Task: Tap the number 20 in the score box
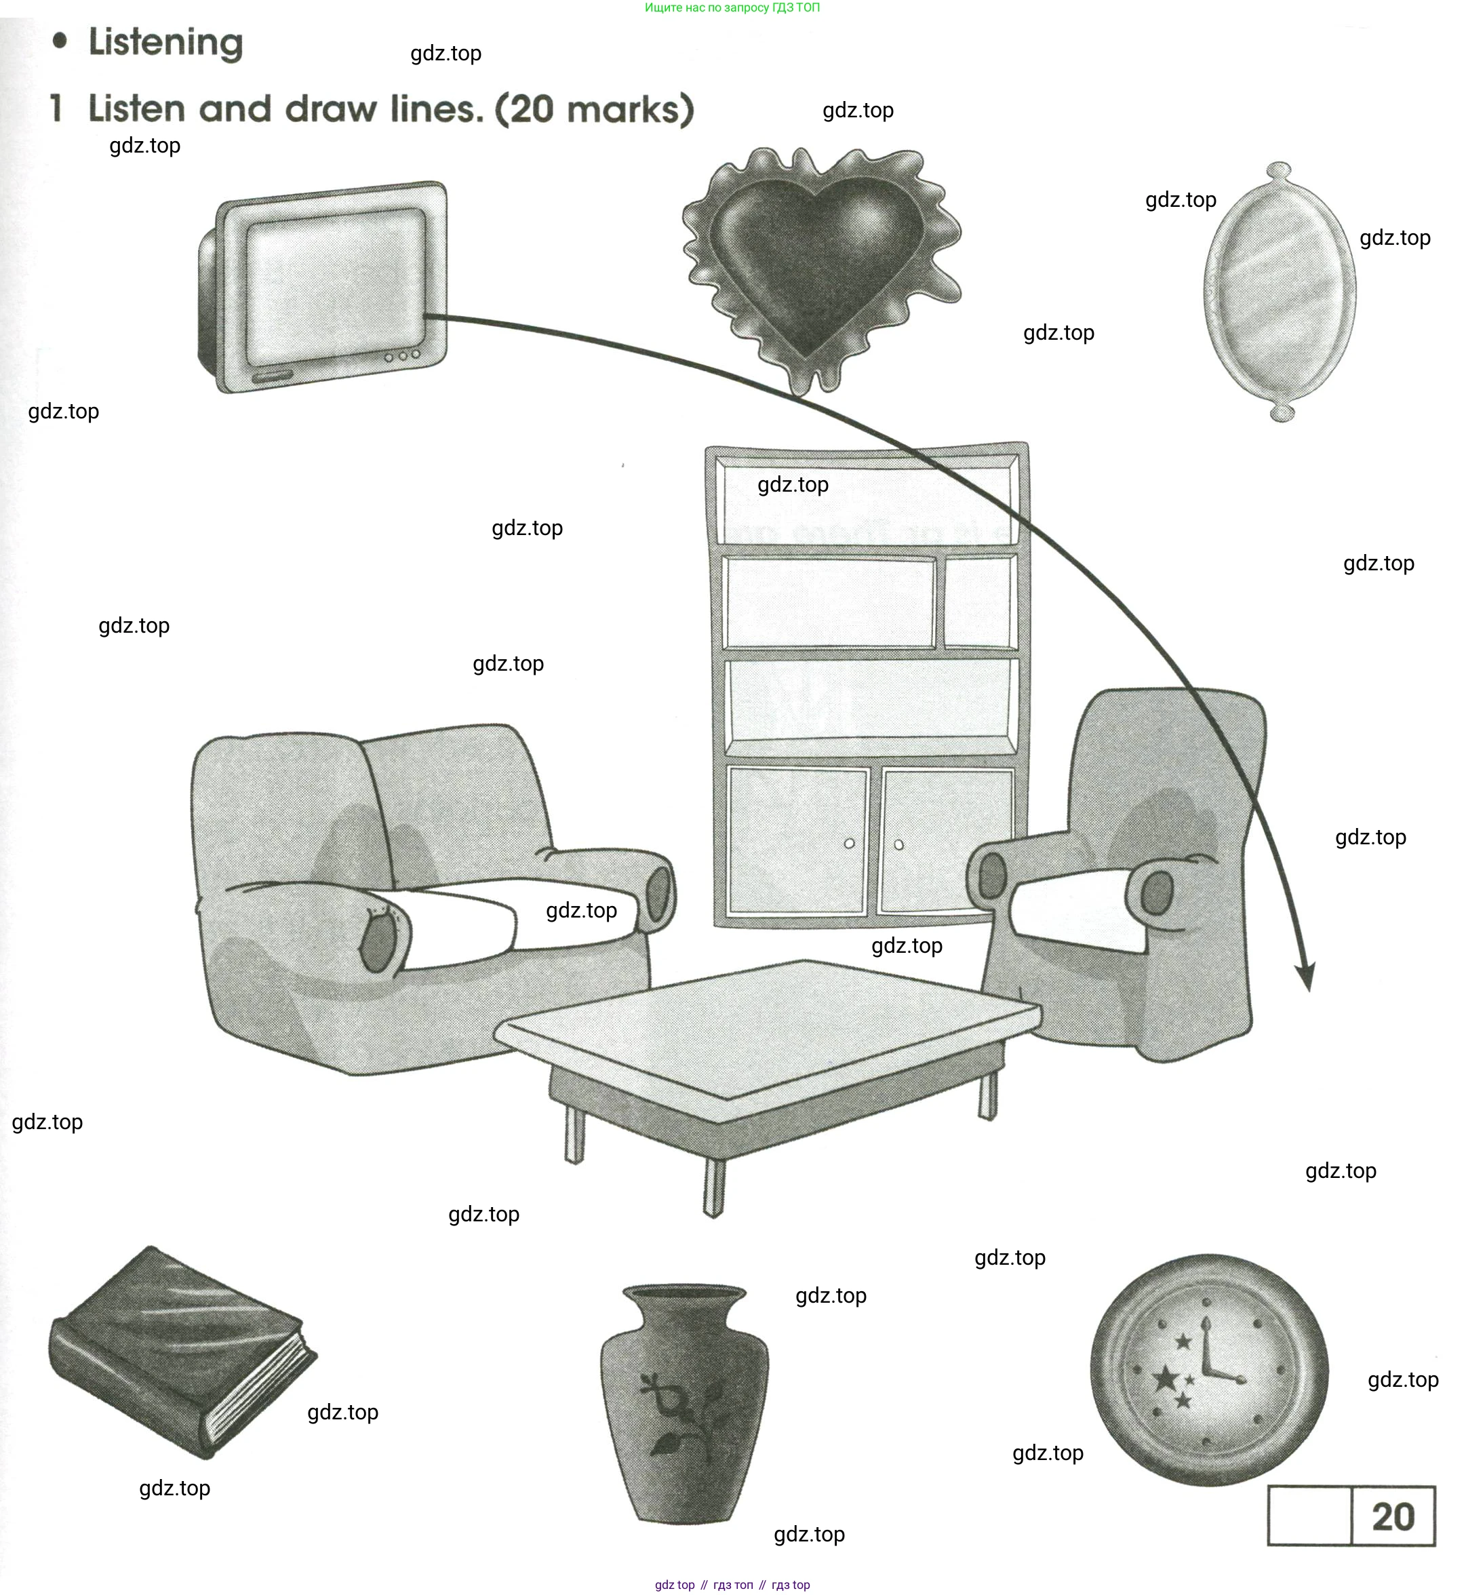(1393, 1517)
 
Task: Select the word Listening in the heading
(166, 43)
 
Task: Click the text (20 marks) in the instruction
(595, 109)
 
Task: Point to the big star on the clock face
(1166, 1379)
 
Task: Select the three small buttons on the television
(403, 356)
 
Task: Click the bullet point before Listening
(60, 41)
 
